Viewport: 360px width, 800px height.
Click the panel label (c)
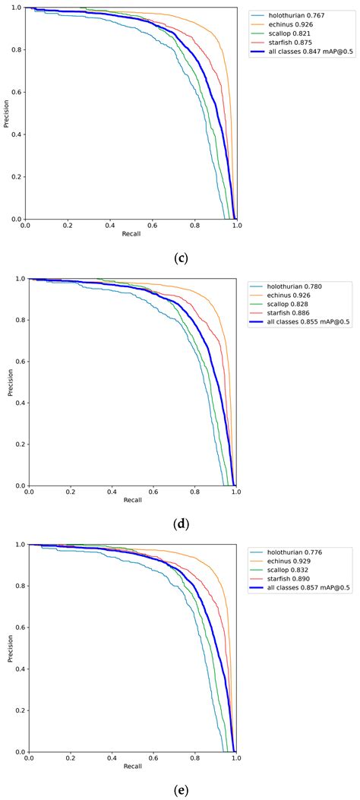tap(180, 258)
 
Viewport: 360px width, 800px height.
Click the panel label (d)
tap(180, 523)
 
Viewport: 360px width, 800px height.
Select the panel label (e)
tap(180, 790)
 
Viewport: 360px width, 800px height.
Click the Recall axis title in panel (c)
tap(131, 234)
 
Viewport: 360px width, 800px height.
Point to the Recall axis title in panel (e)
tap(131, 767)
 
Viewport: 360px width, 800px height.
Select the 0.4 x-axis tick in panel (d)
tap(111, 492)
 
